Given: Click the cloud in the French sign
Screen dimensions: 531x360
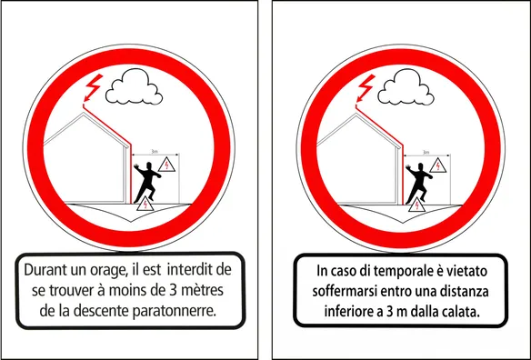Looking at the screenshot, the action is (x=134, y=86).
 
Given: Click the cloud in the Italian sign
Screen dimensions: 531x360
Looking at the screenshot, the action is (x=406, y=86).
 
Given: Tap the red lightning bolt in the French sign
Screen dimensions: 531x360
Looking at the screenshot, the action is (x=93, y=88).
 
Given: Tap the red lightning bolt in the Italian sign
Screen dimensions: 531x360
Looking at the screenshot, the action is (x=366, y=88).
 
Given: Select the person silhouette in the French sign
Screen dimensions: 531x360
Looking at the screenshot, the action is (x=147, y=182).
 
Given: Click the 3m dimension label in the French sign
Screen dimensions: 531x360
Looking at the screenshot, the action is (x=155, y=152).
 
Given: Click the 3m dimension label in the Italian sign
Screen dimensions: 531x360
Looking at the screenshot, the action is (x=426, y=153).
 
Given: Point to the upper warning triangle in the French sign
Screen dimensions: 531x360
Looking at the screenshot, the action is (x=166, y=165).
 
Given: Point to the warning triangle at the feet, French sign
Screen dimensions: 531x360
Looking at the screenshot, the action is (x=145, y=205).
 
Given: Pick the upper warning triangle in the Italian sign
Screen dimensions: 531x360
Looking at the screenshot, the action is (x=438, y=165).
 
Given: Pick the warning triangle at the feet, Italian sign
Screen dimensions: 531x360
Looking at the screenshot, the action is (x=416, y=205).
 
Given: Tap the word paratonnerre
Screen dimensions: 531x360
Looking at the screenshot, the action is (x=174, y=311).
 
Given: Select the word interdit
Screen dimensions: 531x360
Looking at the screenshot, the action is (x=190, y=270).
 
